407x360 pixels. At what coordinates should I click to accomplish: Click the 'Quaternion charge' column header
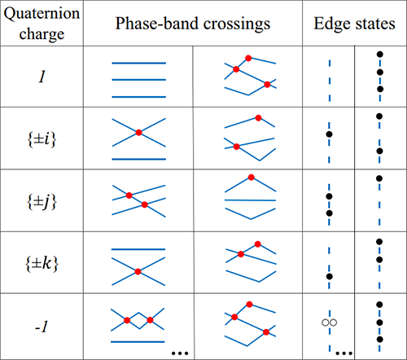click(x=42, y=24)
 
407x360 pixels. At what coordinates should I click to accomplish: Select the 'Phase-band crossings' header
click(x=193, y=24)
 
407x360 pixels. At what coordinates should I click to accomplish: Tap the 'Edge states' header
click(x=354, y=24)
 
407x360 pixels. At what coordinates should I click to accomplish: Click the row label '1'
click(x=42, y=77)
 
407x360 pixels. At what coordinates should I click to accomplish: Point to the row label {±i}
click(x=42, y=139)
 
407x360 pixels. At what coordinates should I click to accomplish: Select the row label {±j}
click(x=42, y=202)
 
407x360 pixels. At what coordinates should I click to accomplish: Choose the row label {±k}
click(x=42, y=263)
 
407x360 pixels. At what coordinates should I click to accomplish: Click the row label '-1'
click(x=42, y=326)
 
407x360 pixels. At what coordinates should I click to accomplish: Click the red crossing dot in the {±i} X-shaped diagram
click(x=138, y=133)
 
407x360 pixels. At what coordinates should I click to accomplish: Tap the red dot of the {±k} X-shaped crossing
click(x=138, y=271)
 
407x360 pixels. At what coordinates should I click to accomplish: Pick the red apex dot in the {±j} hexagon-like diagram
click(x=252, y=178)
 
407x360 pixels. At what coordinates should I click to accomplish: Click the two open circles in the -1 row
click(x=330, y=323)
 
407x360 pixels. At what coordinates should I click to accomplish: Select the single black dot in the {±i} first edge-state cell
click(x=329, y=134)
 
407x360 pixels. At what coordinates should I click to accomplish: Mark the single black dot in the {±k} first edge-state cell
click(x=330, y=277)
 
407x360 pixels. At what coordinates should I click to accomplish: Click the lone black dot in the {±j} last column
click(x=379, y=178)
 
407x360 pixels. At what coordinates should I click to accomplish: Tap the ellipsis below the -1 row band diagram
click(x=180, y=353)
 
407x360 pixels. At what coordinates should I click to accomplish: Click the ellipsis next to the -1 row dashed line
click(x=344, y=353)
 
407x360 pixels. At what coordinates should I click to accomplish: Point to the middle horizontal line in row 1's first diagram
click(x=139, y=80)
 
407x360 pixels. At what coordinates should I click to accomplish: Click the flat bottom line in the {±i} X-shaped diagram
click(x=139, y=159)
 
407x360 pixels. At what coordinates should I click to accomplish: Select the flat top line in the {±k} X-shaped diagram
click(x=138, y=249)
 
